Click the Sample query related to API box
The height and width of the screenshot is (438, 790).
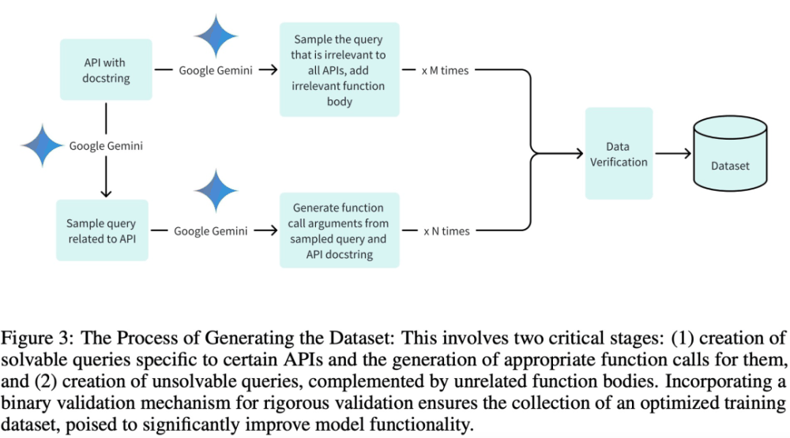point(102,230)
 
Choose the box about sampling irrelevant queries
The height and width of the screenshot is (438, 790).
point(339,70)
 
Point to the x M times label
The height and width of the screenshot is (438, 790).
point(445,70)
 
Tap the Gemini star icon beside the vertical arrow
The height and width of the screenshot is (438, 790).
point(42,145)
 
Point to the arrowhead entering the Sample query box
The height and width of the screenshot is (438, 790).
point(103,195)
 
